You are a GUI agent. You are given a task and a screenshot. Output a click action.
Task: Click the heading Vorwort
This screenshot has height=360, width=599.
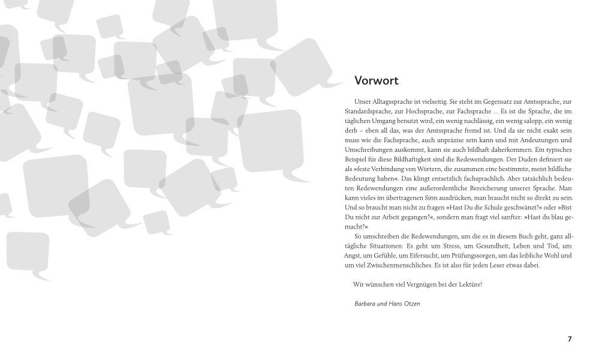(x=377, y=81)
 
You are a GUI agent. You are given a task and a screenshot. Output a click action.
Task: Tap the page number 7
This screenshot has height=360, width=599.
(x=570, y=339)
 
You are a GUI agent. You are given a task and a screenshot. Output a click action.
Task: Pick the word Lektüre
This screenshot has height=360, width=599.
(x=469, y=284)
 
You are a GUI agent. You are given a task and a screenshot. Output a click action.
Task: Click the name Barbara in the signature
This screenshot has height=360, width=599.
(x=366, y=304)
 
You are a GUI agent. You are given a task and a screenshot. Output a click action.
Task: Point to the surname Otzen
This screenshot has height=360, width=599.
(x=411, y=304)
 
